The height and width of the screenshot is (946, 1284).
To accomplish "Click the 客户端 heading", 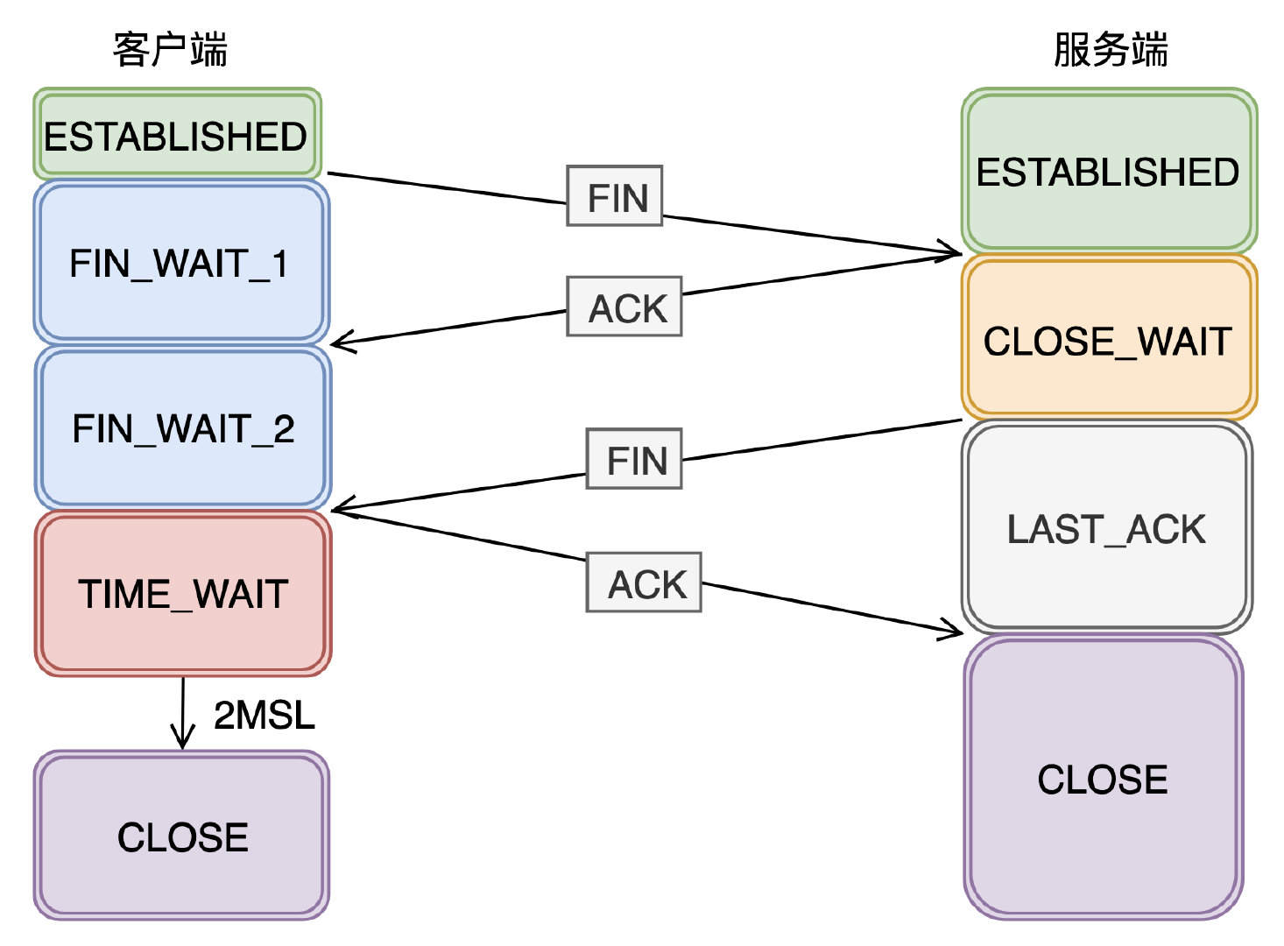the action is coord(170,50).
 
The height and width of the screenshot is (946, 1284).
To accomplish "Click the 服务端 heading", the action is coord(1111,50).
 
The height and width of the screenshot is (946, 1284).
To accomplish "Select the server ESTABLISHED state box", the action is coord(1109,170).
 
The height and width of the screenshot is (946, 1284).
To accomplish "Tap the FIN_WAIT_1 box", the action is coord(181,262).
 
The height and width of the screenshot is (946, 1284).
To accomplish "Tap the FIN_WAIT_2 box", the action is coord(183,427).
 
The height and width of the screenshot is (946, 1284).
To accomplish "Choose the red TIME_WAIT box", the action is coord(183,593).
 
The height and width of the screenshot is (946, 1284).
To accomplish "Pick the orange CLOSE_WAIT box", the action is coord(1109,336).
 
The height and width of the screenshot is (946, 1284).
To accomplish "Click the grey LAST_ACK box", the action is coord(1107,527).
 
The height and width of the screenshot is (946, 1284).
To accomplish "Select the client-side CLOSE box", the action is coord(181,836).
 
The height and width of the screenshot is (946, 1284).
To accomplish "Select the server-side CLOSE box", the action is coord(1104,778).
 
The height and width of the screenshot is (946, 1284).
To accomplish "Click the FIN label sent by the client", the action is coord(615,196).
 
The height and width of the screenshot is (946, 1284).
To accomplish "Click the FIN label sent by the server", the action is coord(634,459).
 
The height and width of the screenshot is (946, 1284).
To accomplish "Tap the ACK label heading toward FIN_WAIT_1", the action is coord(624,307).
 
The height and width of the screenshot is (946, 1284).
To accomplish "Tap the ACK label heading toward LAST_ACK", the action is coord(644,582).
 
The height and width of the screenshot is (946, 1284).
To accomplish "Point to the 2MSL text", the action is coord(265,716).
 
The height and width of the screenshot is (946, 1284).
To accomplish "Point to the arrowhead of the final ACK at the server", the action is coord(961,632).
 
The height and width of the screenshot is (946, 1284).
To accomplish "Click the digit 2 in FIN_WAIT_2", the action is coord(283,428).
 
